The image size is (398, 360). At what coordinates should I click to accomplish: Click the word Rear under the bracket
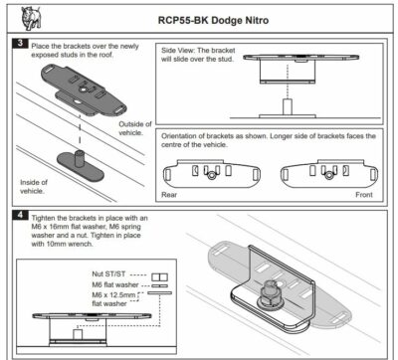[x=170, y=195]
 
